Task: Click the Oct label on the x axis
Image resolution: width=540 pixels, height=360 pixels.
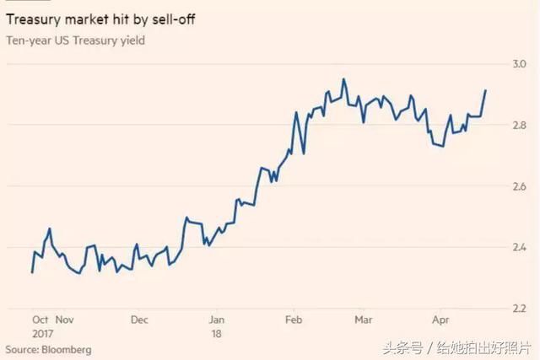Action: coord(40,320)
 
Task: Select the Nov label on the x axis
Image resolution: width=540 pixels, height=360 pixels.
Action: coord(64,320)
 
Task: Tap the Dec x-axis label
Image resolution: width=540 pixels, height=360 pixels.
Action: coord(139,320)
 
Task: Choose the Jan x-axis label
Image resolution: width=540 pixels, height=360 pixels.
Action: coord(216,320)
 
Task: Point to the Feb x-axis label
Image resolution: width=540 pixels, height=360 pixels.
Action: coord(294,320)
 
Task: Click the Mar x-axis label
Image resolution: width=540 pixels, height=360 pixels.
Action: coord(364,320)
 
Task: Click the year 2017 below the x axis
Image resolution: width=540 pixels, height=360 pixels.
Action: coord(42,334)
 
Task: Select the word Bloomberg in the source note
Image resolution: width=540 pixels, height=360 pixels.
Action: coord(67,349)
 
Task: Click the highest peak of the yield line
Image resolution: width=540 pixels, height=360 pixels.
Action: coord(343,79)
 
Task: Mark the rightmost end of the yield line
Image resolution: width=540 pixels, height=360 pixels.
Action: coord(485,90)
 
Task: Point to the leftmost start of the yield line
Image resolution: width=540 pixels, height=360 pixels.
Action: coord(32,271)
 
